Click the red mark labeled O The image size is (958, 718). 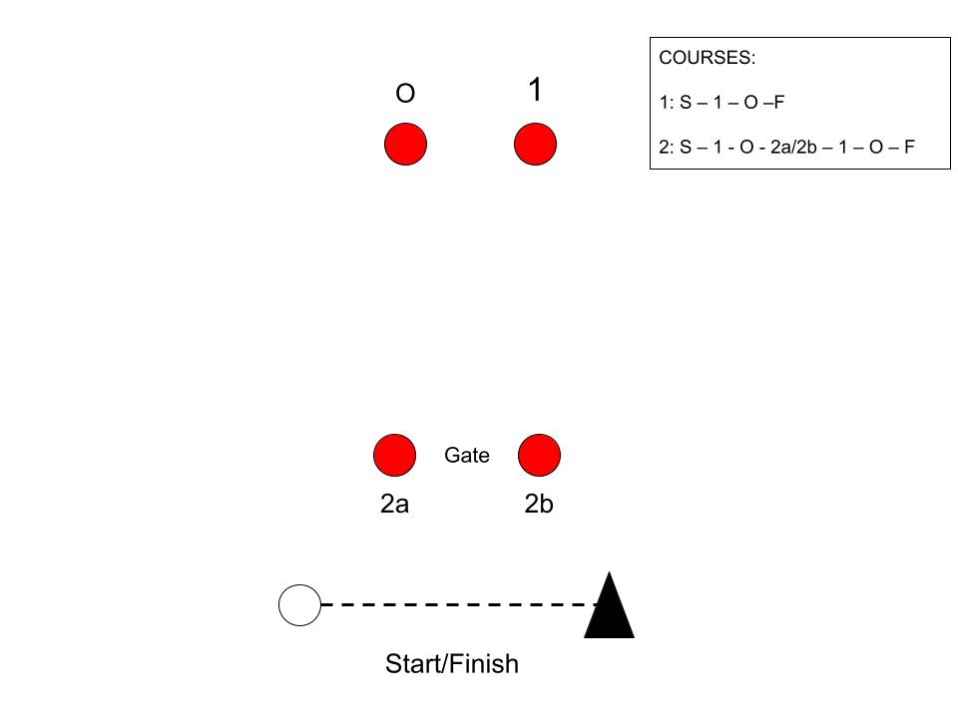point(405,145)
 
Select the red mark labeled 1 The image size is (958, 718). point(535,145)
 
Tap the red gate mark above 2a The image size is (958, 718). point(394,456)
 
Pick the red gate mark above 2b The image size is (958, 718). point(539,456)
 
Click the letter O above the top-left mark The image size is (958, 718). point(405,94)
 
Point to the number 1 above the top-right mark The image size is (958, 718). point(535,91)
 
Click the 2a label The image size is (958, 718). point(394,505)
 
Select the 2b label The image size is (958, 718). point(539,505)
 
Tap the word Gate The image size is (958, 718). point(467,456)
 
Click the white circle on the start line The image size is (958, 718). point(299,605)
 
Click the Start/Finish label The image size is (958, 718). point(452,664)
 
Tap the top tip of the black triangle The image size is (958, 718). point(609,575)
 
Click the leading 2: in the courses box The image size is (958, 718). point(666,147)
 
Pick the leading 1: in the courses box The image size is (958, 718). point(665,102)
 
